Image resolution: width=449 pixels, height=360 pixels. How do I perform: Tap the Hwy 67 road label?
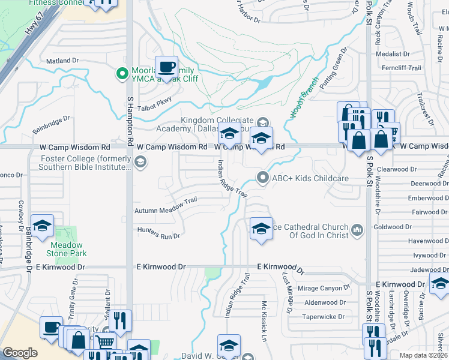click(28, 41)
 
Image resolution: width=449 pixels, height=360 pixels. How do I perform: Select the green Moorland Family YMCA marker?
click(122, 74)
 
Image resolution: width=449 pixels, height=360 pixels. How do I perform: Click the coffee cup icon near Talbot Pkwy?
click(166, 65)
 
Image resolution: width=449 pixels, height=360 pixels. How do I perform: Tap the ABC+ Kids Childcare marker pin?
click(262, 178)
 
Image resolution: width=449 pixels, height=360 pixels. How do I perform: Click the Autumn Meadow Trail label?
click(166, 211)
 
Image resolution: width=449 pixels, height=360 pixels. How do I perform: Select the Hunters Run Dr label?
click(158, 236)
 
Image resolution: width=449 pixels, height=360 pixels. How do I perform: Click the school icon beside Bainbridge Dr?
click(42, 226)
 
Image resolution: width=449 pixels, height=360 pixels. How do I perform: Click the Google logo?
click(20, 353)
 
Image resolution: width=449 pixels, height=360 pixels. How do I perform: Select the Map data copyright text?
click(426, 355)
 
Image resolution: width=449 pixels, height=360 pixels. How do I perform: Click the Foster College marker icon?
click(140, 160)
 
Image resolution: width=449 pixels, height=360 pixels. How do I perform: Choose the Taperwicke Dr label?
click(324, 316)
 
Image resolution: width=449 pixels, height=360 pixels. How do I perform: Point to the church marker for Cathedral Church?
click(357, 229)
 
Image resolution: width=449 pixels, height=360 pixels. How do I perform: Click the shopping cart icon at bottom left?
click(105, 343)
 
